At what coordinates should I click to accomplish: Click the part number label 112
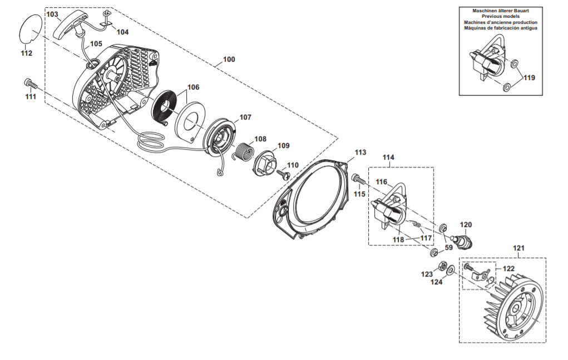pyautogui.click(x=27, y=53)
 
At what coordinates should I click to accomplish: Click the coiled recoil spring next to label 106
pyautogui.click(x=165, y=107)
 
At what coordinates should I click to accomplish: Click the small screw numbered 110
pyautogui.click(x=283, y=174)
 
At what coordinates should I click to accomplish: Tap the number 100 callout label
pyautogui.click(x=229, y=60)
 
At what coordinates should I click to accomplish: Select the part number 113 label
pyautogui.click(x=360, y=152)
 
